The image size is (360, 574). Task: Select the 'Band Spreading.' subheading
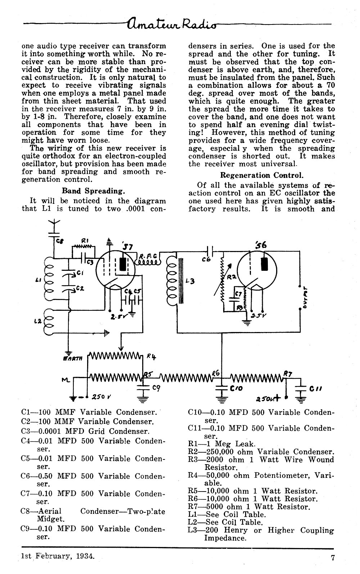(x=94, y=191)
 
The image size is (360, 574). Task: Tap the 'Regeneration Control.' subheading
(x=262, y=175)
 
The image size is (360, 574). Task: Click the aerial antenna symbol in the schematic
(x=54, y=225)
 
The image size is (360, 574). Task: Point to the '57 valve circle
(x=116, y=270)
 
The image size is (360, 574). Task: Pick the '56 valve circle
(x=257, y=270)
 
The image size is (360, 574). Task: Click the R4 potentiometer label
(x=151, y=357)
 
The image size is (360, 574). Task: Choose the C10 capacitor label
(x=236, y=389)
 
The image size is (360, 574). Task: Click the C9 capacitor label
(x=156, y=389)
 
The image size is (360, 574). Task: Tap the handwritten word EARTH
(x=72, y=359)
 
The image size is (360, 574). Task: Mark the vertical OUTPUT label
(x=305, y=297)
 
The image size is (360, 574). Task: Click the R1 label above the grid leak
(x=85, y=241)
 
